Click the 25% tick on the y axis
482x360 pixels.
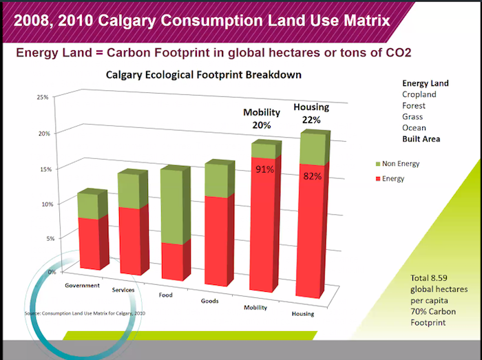tap(43, 97)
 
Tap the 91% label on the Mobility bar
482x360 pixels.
tap(265, 169)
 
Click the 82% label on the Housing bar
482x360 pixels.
tap(312, 176)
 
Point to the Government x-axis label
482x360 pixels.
tap(82, 285)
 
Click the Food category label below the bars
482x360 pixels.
tap(165, 295)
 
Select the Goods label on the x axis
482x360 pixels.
tap(210, 301)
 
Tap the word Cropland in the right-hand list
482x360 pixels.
tap(419, 94)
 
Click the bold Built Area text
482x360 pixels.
tap(421, 138)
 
